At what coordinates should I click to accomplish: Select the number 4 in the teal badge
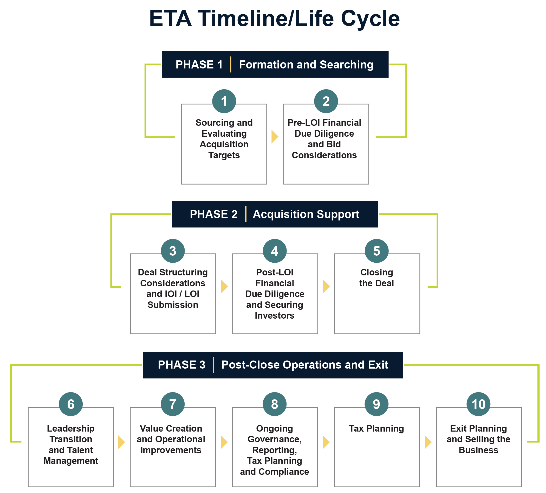274,251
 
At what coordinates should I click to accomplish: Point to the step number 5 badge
376,251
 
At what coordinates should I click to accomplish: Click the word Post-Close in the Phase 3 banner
250,365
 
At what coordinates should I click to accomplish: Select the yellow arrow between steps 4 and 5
326,286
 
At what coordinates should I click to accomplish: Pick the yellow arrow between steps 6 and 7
121,442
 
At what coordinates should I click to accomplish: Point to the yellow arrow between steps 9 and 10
427,442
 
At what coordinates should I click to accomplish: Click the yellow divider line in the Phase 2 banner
246,214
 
